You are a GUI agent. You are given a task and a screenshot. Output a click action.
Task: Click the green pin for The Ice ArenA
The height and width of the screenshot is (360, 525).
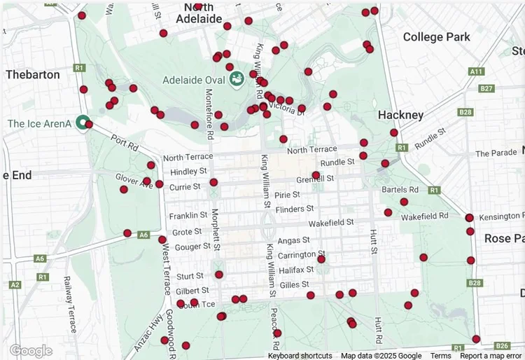click(x=83, y=123)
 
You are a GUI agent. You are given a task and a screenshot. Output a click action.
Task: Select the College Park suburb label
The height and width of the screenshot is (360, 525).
click(x=437, y=37)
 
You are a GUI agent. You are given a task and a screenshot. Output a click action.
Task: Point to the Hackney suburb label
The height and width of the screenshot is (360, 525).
click(x=400, y=115)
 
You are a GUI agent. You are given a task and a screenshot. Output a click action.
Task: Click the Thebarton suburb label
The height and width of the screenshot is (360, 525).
click(x=32, y=74)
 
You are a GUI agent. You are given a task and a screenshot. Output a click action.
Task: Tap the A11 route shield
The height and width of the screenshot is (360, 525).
click(x=477, y=71)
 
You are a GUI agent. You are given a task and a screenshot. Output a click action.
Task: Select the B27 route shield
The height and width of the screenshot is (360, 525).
click(x=487, y=89)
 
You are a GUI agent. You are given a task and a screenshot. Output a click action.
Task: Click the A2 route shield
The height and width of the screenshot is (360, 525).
click(x=14, y=285)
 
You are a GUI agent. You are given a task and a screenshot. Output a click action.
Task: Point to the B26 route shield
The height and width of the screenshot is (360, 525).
click(x=501, y=346)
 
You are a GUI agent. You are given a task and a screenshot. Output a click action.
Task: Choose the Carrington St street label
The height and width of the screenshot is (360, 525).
click(x=302, y=254)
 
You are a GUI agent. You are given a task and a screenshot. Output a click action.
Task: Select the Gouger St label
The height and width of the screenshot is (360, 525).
click(x=192, y=247)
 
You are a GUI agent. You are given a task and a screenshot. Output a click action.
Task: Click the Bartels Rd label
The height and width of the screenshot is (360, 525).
click(x=400, y=190)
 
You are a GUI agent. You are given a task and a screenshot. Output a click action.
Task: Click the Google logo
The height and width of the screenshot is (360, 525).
click(x=31, y=350)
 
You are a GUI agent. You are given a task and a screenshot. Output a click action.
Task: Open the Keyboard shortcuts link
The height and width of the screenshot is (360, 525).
click(x=300, y=356)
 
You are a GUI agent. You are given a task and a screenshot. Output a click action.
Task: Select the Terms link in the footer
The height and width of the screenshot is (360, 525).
click(x=440, y=356)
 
